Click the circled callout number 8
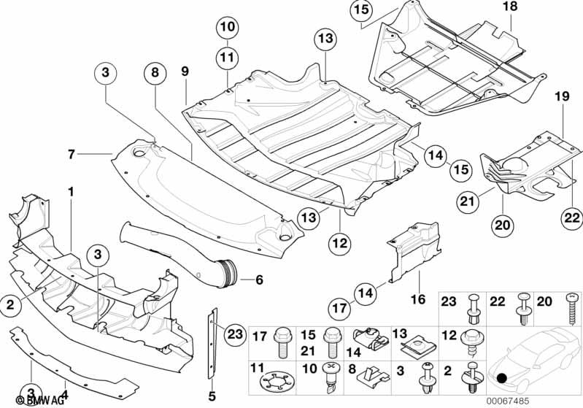(154, 73)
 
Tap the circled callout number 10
(227, 28)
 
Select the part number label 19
(561, 96)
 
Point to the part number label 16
(420, 299)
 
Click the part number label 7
(72, 154)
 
